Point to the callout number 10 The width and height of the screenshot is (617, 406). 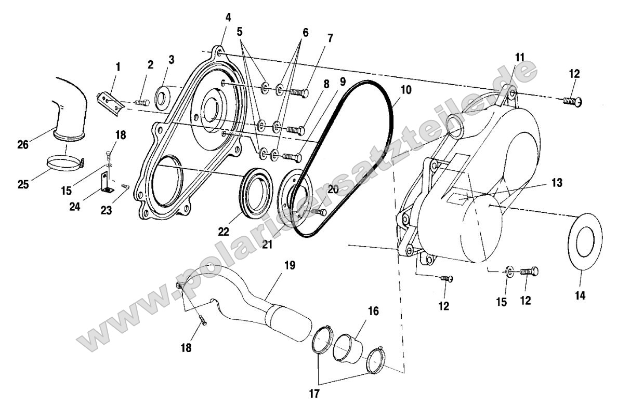coord(405,90)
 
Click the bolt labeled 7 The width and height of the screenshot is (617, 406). coord(299,92)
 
